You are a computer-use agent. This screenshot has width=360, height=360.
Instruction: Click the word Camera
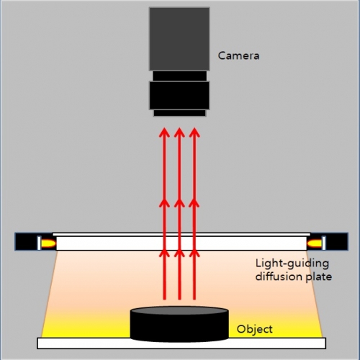[238, 55]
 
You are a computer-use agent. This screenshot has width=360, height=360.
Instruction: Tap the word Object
[254, 329]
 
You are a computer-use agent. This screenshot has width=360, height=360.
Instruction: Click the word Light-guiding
[292, 264]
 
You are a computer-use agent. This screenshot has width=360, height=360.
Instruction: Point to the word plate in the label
[319, 277]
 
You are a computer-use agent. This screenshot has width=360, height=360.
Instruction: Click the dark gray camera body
[179, 39]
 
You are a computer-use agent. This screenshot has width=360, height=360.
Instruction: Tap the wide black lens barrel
[179, 96]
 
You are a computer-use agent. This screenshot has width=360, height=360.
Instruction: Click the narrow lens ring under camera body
[179, 76]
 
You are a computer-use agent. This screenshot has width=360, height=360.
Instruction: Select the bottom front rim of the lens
[179, 113]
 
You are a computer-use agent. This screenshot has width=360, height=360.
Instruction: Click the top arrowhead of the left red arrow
[164, 132]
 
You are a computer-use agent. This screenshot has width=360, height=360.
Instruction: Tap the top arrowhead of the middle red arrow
[179, 132]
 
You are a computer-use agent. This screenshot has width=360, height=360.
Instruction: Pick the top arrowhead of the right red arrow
[194, 132]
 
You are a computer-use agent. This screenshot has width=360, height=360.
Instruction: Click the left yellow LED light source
[48, 243]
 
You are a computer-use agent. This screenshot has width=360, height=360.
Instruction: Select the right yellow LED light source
[315, 243]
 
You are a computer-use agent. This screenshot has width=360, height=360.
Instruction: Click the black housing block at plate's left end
[27, 241]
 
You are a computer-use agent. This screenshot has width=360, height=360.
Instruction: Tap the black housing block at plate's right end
[336, 241]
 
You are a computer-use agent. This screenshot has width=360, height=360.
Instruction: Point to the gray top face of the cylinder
[179, 310]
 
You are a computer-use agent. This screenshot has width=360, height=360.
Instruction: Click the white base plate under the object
[181, 343]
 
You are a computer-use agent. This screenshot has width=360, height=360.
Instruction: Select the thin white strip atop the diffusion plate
[181, 234]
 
